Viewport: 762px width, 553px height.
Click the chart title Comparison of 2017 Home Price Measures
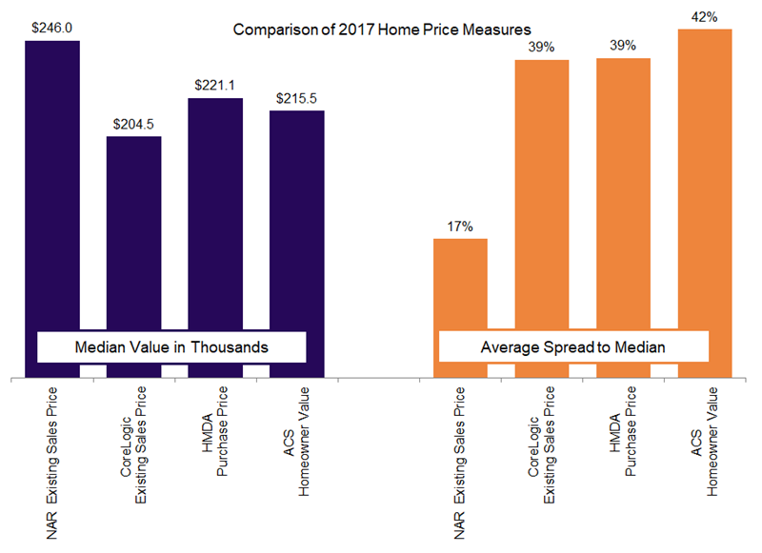(382, 30)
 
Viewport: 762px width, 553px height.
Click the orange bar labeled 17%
(461, 286)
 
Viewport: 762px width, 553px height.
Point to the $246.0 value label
(52, 29)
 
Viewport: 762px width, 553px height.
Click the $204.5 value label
(133, 125)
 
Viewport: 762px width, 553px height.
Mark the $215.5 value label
(296, 99)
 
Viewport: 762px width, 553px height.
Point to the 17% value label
(461, 227)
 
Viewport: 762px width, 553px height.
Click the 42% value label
(705, 17)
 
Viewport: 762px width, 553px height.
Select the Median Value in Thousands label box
(171, 347)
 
